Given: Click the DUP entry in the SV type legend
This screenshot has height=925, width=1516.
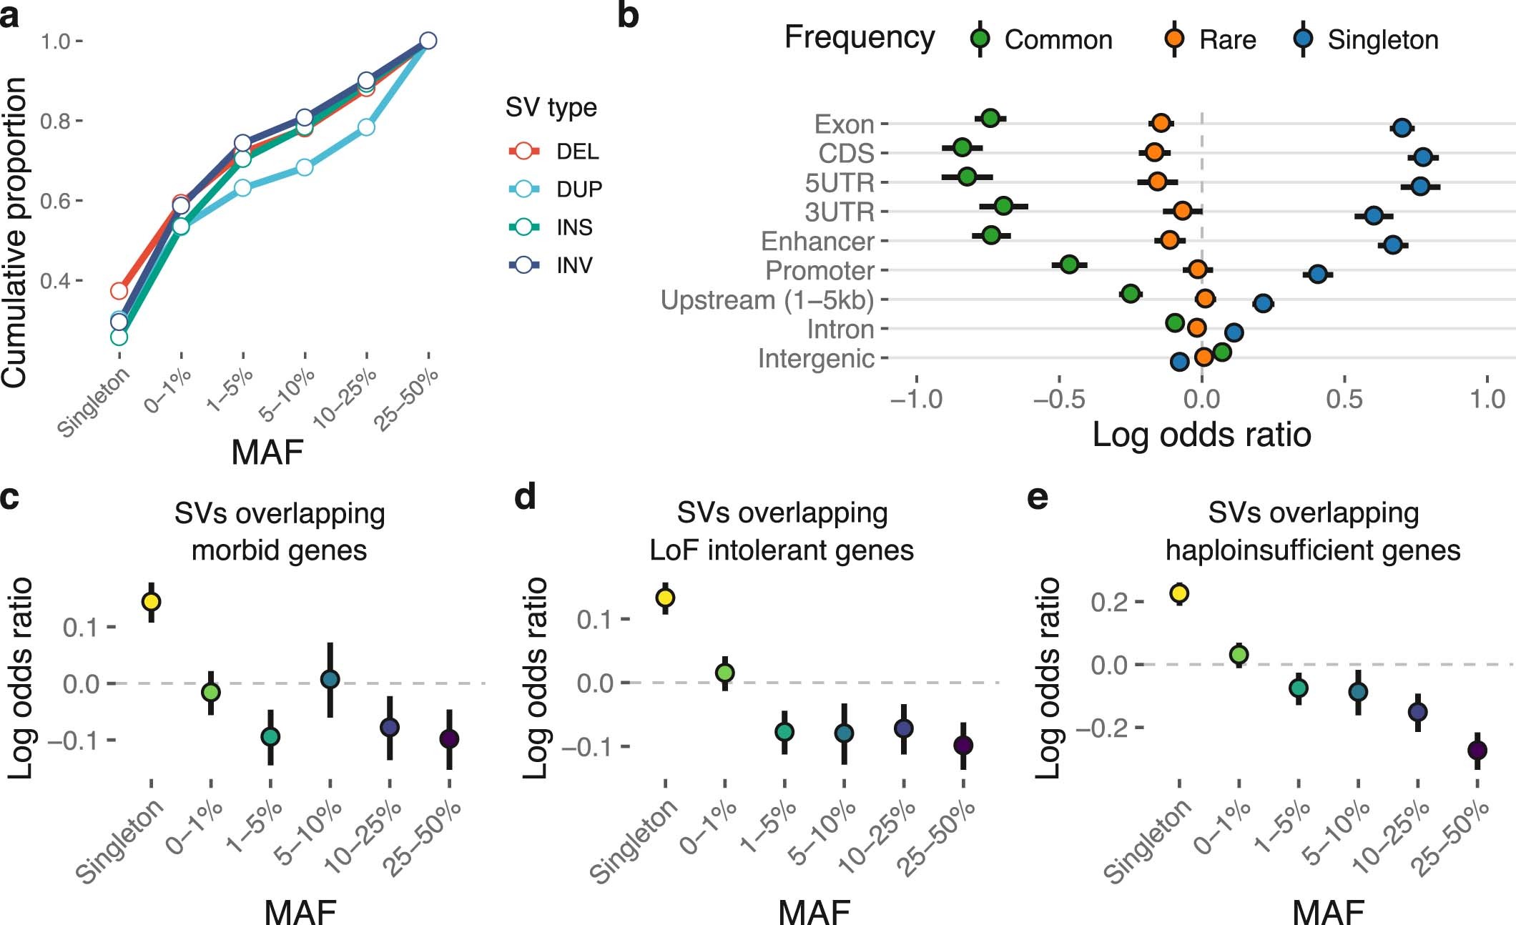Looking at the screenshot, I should [x=579, y=189].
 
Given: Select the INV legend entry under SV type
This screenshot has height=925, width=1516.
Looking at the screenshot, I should [x=574, y=265].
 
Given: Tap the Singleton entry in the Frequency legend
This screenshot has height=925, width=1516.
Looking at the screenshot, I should [x=1382, y=40].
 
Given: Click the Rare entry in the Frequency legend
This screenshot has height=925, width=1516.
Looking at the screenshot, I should [x=1227, y=40].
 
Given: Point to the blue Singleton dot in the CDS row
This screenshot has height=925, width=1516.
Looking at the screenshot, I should [x=1422, y=157].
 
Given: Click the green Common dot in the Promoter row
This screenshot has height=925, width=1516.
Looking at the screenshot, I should [x=1069, y=264].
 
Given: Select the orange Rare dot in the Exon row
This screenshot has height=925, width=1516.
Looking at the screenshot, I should [x=1161, y=123].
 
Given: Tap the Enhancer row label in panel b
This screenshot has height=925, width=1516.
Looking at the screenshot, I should [x=817, y=242].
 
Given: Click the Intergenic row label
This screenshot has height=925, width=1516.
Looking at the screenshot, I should [x=816, y=359].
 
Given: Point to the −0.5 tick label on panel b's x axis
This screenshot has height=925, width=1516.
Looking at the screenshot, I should [x=1058, y=399].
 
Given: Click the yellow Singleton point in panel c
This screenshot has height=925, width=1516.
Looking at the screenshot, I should [x=151, y=601].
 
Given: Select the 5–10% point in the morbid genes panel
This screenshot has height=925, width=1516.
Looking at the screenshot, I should [x=330, y=679].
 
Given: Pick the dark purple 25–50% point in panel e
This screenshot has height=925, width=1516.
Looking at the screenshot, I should [x=1477, y=751].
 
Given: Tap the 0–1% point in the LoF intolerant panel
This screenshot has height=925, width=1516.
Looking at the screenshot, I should [x=724, y=673].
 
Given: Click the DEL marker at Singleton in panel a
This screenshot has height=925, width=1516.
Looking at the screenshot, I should [x=119, y=291].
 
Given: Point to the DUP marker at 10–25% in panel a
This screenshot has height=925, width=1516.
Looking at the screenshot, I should [x=366, y=127].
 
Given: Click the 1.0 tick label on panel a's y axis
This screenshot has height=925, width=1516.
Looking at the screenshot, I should [x=55, y=41].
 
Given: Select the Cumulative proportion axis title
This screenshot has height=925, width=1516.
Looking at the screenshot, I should [x=15, y=233].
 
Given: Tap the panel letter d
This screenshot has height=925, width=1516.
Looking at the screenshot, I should [x=526, y=495].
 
